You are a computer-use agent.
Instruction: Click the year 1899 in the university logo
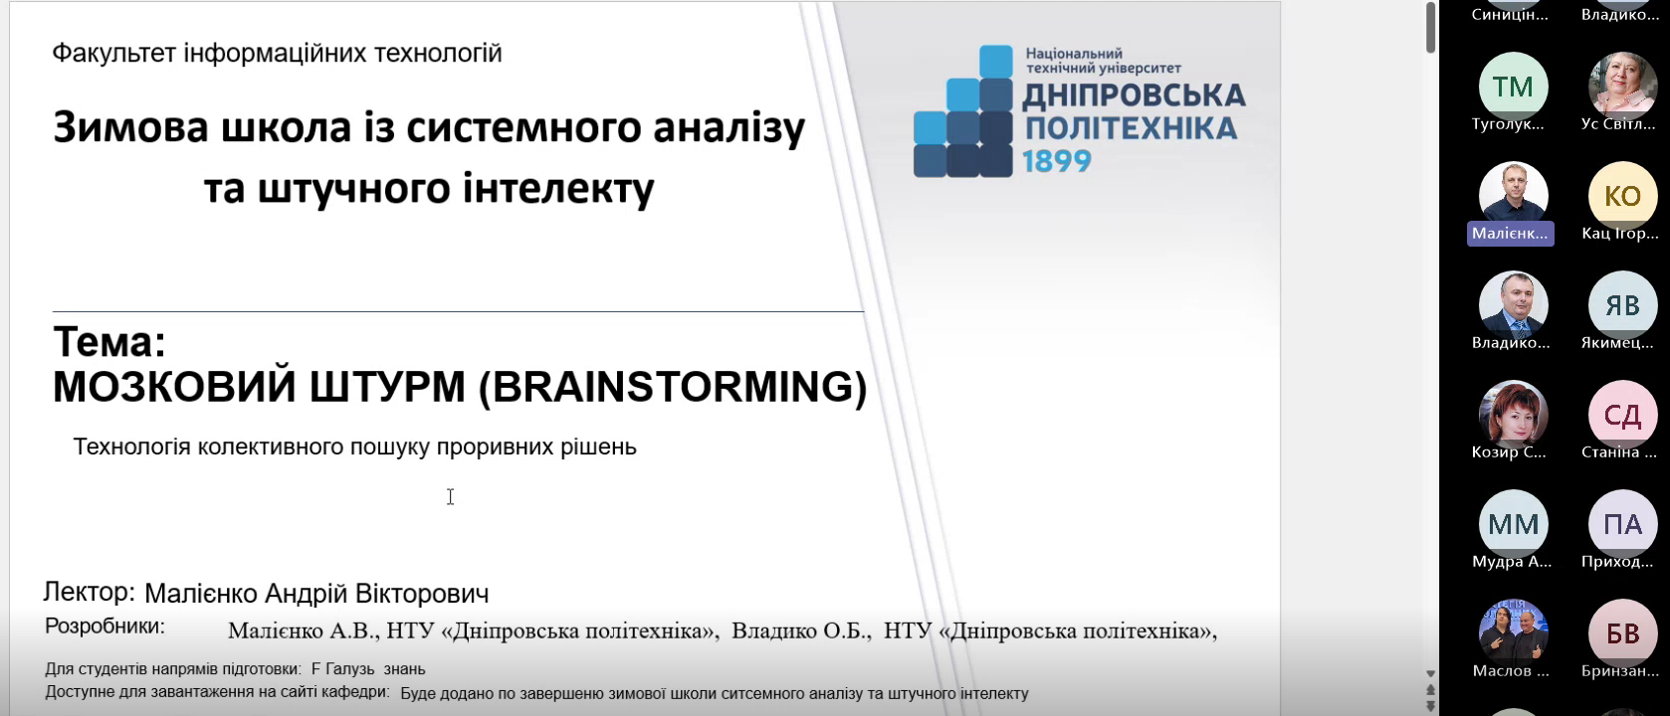pyautogui.click(x=1056, y=161)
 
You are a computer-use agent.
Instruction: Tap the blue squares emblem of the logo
pyautogui.click(x=963, y=111)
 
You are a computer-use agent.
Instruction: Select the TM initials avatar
pyautogui.click(x=1513, y=87)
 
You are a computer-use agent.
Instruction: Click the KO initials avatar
pyautogui.click(x=1622, y=196)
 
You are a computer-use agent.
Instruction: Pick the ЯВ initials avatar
pyautogui.click(x=1622, y=305)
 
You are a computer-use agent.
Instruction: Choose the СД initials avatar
pyautogui.click(x=1622, y=415)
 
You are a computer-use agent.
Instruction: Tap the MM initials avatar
pyautogui.click(x=1513, y=524)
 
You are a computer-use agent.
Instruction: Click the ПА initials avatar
pyautogui.click(x=1622, y=524)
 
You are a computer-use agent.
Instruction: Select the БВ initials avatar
pyautogui.click(x=1622, y=634)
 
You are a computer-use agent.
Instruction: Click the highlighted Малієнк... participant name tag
pyautogui.click(x=1511, y=234)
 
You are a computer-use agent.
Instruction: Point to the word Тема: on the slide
pyautogui.click(x=109, y=343)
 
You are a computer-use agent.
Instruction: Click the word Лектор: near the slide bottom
pyautogui.click(x=90, y=592)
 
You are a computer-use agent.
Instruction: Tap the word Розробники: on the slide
pyautogui.click(x=104, y=626)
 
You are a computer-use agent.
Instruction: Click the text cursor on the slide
pyautogui.click(x=450, y=497)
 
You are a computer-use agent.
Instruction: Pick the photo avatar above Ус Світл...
pyautogui.click(x=1622, y=87)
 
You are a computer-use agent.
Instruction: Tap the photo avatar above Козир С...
pyautogui.click(x=1513, y=415)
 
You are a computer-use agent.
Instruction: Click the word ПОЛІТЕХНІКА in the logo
pyautogui.click(x=1131, y=128)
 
